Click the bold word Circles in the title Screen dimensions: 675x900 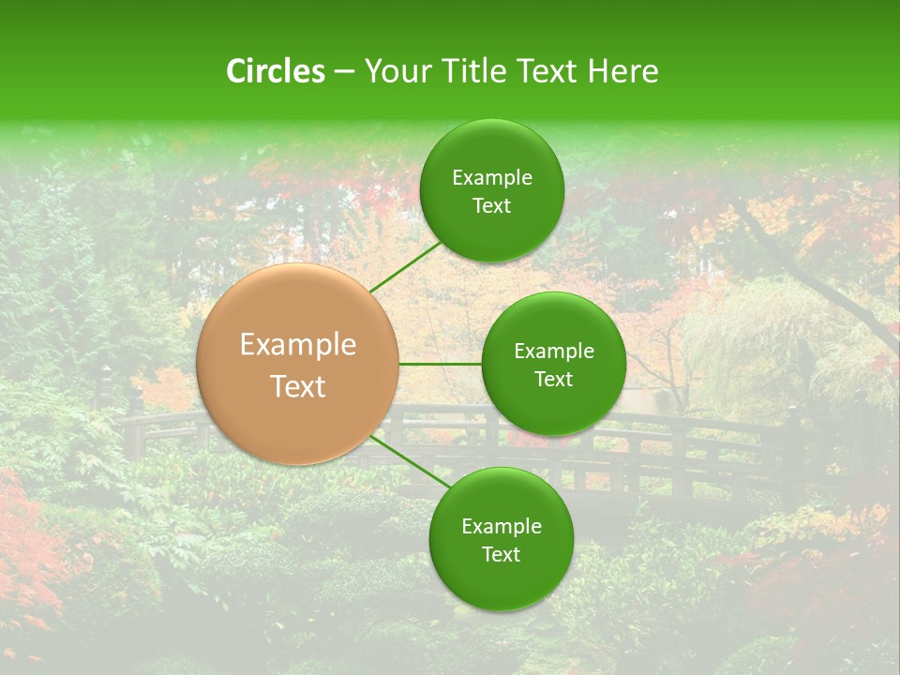(x=275, y=71)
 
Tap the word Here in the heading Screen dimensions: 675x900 (x=622, y=71)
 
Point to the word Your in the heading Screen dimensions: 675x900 (x=394, y=71)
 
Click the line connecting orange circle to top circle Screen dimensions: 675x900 (x=406, y=266)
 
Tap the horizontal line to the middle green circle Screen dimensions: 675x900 (x=440, y=364)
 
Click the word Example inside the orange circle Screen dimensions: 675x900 (x=298, y=345)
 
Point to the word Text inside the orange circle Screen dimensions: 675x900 (x=298, y=386)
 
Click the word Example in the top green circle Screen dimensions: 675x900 (x=492, y=178)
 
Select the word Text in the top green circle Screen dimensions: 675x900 (x=492, y=206)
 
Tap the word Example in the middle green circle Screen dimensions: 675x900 (x=554, y=352)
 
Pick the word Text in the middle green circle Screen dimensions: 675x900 (x=554, y=379)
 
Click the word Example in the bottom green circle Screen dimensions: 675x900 (x=501, y=527)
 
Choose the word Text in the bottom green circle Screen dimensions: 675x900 (x=501, y=554)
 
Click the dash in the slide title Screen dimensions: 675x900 (x=344, y=72)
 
